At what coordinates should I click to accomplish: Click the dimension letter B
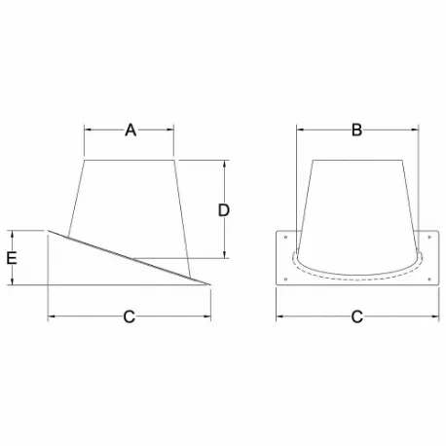pyautogui.click(x=356, y=130)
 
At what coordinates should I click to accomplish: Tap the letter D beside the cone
pyautogui.click(x=223, y=209)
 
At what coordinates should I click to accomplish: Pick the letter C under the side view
pyautogui.click(x=129, y=316)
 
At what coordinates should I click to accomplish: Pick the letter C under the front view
pyautogui.click(x=356, y=316)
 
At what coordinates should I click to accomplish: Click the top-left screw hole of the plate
pyautogui.click(x=284, y=235)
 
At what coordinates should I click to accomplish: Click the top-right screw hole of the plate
pyautogui.click(x=429, y=235)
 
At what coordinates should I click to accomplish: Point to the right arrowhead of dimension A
pyautogui.click(x=172, y=130)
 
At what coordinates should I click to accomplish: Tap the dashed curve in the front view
pyautogui.click(x=356, y=279)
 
